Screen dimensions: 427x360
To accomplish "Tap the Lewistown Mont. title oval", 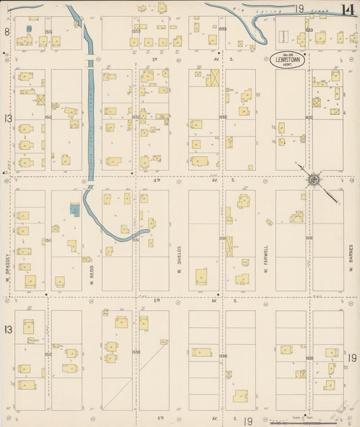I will pyautogui.click(x=289, y=59).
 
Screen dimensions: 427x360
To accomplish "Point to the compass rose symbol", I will pyautogui.click(x=313, y=180).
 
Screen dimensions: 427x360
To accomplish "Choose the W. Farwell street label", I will pyautogui.click(x=266, y=257).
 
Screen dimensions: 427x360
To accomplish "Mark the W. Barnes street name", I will pyautogui.click(x=352, y=257).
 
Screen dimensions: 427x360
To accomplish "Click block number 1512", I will pyautogui.click(x=48, y=117).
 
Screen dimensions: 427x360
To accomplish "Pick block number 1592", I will pyautogui.click(x=222, y=117).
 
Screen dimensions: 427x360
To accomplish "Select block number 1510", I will pyautogui.click(x=48, y=354).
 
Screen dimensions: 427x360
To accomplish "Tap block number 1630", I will pyautogui.click(x=309, y=358).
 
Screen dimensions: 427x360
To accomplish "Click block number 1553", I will pyautogui.click(x=136, y=31).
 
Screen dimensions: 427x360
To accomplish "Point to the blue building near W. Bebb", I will pyautogui.click(x=74, y=210).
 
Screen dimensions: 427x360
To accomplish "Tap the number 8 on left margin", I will pyautogui.click(x=7, y=32).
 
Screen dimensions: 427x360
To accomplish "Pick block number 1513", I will pyautogui.click(x=48, y=31).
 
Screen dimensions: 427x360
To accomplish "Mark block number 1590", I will pyautogui.click(x=222, y=356).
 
